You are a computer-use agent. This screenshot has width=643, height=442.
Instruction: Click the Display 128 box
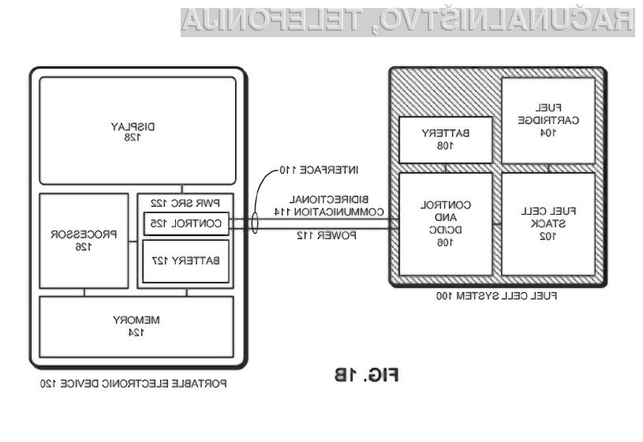[138, 130]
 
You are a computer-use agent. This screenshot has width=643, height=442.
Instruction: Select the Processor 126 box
[84, 241]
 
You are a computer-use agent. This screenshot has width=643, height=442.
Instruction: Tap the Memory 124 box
[138, 325]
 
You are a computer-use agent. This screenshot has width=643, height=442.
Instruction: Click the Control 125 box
[185, 223]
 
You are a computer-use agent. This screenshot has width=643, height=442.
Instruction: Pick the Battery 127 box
[185, 261]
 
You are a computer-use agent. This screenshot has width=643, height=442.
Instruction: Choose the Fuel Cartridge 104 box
[548, 120]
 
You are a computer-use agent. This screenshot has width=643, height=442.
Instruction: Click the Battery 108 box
[446, 140]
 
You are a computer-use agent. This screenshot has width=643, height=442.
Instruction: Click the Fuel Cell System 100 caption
[496, 296]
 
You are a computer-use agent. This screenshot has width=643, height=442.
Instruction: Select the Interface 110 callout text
[312, 169]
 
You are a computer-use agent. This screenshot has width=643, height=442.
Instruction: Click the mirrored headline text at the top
[406, 21]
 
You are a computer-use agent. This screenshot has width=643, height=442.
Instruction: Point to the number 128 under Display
[138, 137]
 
